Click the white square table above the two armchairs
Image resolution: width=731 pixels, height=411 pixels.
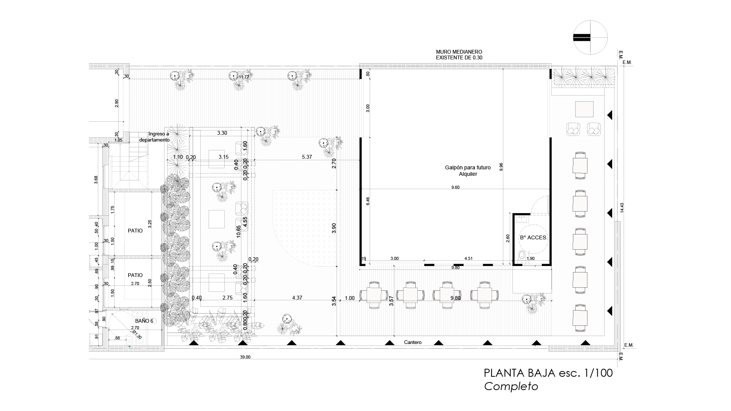pyautogui.click(x=584, y=109)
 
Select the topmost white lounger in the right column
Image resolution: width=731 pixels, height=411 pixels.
pyautogui.click(x=580, y=166)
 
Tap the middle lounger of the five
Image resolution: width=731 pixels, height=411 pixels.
pyautogui.click(x=580, y=242)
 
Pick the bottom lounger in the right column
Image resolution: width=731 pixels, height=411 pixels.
pyautogui.click(x=580, y=318)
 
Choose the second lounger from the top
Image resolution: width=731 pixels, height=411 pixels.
pyautogui.click(x=580, y=204)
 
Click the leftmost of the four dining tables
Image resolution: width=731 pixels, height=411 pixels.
pyautogui.click(x=374, y=295)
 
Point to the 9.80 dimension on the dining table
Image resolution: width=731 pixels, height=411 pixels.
pyautogui.click(x=455, y=298)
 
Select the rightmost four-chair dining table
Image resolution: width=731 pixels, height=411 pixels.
pyautogui.click(x=484, y=295)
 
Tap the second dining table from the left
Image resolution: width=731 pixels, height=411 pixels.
pyautogui.click(x=410, y=295)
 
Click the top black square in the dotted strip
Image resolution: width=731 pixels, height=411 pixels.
pyautogui.click(x=217, y=159)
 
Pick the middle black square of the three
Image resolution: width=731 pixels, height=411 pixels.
pyautogui.click(x=217, y=219)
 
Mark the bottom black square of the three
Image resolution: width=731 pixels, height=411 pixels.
pyautogui.click(x=217, y=283)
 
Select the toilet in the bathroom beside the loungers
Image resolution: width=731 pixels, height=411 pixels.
pyautogui.click(x=522, y=256)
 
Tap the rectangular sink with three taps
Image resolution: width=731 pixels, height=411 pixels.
pyautogui.click(x=522, y=219)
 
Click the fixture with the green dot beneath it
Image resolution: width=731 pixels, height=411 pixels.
pyautogui.click(x=129, y=340)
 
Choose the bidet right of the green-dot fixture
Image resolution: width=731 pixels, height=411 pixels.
pyautogui.click(x=139, y=340)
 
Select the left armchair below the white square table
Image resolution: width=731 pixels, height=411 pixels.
pyautogui.click(x=573, y=129)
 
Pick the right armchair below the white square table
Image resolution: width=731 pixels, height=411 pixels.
pyautogui.click(x=594, y=129)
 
